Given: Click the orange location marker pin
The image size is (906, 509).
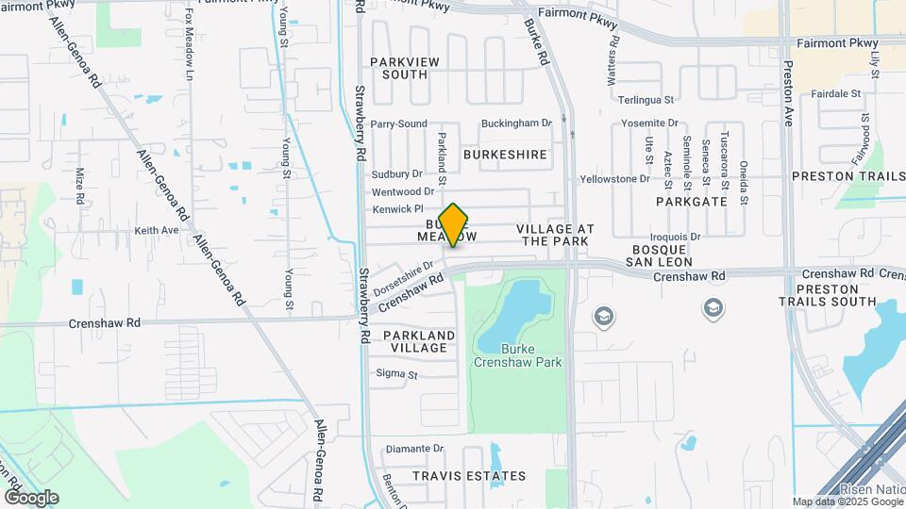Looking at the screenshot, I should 454,224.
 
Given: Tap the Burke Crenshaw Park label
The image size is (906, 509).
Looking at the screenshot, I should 530,355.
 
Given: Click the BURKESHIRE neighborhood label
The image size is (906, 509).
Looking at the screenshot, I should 505,153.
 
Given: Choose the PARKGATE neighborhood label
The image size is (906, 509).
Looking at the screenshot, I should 692,202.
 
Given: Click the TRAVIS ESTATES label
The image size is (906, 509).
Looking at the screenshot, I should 469,477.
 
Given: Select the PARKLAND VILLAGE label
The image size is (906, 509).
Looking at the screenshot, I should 419,341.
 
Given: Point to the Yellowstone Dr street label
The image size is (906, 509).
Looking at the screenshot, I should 615,178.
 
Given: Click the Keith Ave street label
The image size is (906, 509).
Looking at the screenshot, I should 157,230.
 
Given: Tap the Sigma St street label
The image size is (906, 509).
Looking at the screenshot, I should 396,375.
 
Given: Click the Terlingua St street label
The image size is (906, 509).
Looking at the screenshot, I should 646,99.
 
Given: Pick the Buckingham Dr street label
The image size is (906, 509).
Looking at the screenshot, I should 515,123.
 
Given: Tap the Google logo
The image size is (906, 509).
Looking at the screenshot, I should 31,498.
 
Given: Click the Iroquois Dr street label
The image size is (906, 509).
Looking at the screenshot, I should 676,237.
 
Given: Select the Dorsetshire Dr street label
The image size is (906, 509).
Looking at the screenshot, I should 402,277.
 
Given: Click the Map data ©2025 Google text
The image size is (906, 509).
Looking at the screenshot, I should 847,501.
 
